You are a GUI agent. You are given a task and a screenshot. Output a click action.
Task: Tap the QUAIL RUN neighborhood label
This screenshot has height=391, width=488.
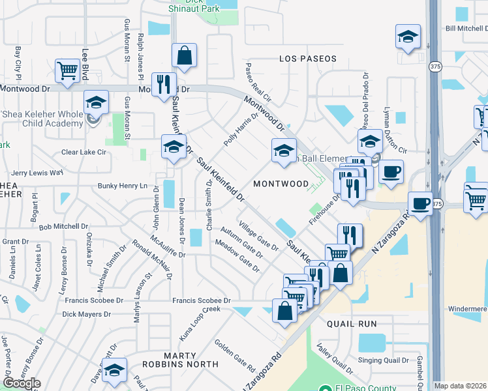[353, 323]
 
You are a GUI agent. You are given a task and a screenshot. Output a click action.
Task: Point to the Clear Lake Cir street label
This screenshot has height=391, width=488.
[83, 152]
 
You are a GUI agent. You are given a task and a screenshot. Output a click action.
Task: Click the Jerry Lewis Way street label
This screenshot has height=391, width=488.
[37, 173]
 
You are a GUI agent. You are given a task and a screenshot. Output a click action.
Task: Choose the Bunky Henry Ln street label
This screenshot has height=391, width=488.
[123, 186]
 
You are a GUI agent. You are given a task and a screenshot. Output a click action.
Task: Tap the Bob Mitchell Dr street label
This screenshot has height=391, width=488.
[63, 227]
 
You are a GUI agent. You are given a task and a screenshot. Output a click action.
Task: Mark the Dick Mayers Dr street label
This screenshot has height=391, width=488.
[86, 314]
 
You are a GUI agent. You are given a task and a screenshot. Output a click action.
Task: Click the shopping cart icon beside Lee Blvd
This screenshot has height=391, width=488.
[67, 70]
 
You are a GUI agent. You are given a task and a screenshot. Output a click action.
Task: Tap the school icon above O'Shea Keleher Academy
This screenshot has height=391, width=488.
[96, 102]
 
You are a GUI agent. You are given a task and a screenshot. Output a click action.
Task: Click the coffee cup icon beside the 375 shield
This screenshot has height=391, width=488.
[421, 203]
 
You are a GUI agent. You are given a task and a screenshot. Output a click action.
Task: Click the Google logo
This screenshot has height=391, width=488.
[22, 383]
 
